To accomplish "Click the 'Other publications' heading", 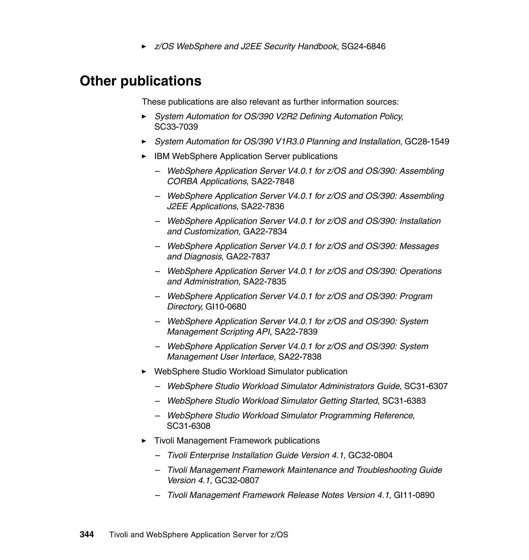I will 141,81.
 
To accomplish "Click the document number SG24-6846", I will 363,46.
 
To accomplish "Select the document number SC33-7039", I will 176,127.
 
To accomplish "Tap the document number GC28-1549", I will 427,142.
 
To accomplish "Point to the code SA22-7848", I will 273,181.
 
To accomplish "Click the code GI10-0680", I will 225,307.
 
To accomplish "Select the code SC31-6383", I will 404,401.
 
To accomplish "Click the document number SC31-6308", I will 188,426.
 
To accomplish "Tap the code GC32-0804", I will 370,455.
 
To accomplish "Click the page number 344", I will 87,534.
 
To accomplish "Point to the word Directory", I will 184,307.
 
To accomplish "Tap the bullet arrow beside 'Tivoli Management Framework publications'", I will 144,441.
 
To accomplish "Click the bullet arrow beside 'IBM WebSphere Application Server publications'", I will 144,157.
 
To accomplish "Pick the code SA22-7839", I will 296,332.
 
